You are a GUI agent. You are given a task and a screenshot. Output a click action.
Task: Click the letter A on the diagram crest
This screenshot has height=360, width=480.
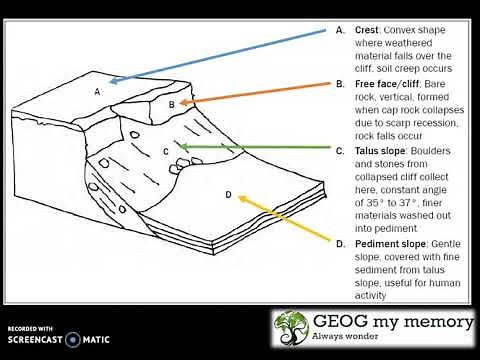tap(97, 91)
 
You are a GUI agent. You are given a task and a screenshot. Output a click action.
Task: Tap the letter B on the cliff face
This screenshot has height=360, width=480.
tap(171, 104)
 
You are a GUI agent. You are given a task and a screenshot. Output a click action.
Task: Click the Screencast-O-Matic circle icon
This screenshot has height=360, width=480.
tap(72, 340)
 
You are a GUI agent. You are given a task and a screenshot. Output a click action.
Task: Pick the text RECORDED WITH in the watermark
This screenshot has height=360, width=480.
tap(30, 328)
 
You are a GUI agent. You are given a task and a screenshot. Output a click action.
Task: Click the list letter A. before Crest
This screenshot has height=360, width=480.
tap(340, 31)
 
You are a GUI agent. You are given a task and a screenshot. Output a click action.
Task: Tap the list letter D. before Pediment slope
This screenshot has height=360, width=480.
tap(340, 244)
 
